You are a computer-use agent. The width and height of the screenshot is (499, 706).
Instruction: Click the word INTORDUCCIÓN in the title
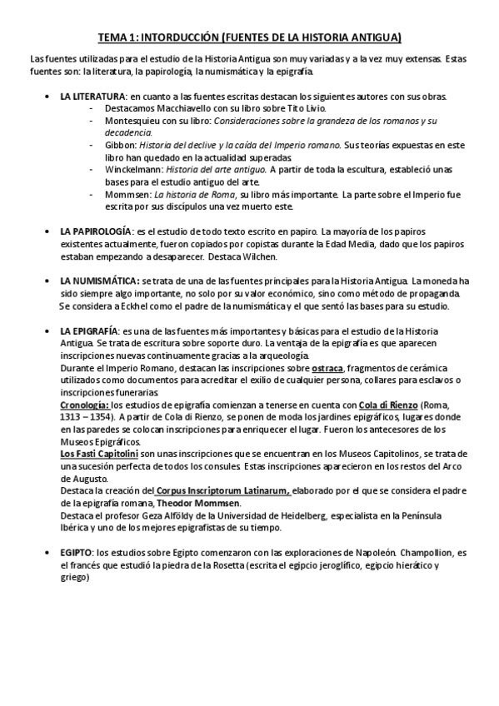[177, 37]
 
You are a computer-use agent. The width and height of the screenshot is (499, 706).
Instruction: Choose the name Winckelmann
[137, 170]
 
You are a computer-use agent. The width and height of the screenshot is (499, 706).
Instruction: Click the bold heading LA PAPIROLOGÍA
[96, 229]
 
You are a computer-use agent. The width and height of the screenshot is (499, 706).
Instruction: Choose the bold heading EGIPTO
[77, 552]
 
